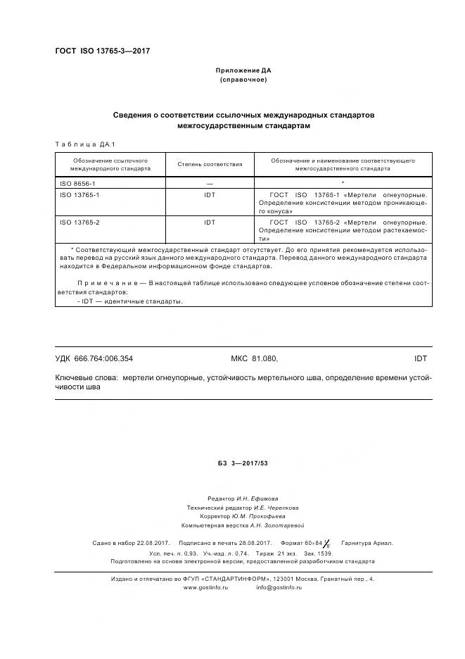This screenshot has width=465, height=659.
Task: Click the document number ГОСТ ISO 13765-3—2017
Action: coord(102,51)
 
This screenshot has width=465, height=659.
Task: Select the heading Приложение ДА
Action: coord(243,70)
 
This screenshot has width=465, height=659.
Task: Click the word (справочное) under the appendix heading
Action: coord(243,80)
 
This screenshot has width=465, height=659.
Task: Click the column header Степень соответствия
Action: coord(209,164)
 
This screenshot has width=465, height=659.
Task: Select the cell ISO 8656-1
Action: coord(77,182)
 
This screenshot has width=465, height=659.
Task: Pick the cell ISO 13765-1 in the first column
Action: coord(79,194)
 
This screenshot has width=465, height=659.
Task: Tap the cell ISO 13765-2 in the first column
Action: coord(79,222)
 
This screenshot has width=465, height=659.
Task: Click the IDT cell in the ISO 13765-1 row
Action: coord(209,194)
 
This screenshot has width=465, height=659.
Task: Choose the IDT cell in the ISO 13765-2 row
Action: coord(209,222)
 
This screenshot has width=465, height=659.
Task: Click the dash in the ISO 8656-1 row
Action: coord(209,182)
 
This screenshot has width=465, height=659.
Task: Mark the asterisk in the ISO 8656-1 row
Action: coord(342,182)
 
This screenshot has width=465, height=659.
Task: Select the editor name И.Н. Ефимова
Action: coord(257,498)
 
